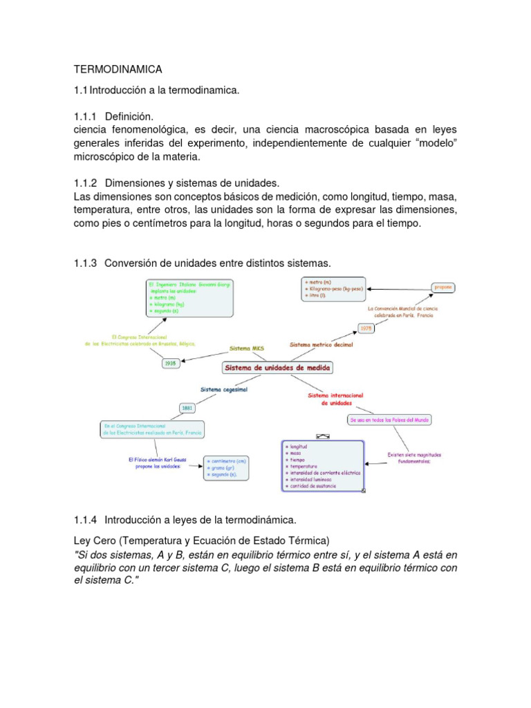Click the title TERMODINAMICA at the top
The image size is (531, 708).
tap(118, 69)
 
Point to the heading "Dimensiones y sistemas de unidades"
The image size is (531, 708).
tap(192, 183)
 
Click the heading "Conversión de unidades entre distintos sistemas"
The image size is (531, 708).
tap(218, 263)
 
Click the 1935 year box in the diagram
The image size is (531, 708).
tap(171, 362)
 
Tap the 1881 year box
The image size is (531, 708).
tap(187, 408)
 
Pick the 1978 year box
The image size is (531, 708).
tap(366, 328)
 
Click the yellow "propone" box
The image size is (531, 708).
tap(443, 286)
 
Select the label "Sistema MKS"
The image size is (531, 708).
tap(241, 348)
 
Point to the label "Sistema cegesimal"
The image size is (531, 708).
tap(223, 389)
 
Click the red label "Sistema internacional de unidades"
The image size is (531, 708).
tap(335, 399)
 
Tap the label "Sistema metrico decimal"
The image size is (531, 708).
tap(321, 344)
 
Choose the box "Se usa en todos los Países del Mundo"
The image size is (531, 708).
tap(389, 419)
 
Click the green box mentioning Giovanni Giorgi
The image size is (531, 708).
tap(189, 297)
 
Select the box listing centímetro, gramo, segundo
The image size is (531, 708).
tap(225, 468)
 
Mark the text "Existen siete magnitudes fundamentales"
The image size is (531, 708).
tap(413, 458)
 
